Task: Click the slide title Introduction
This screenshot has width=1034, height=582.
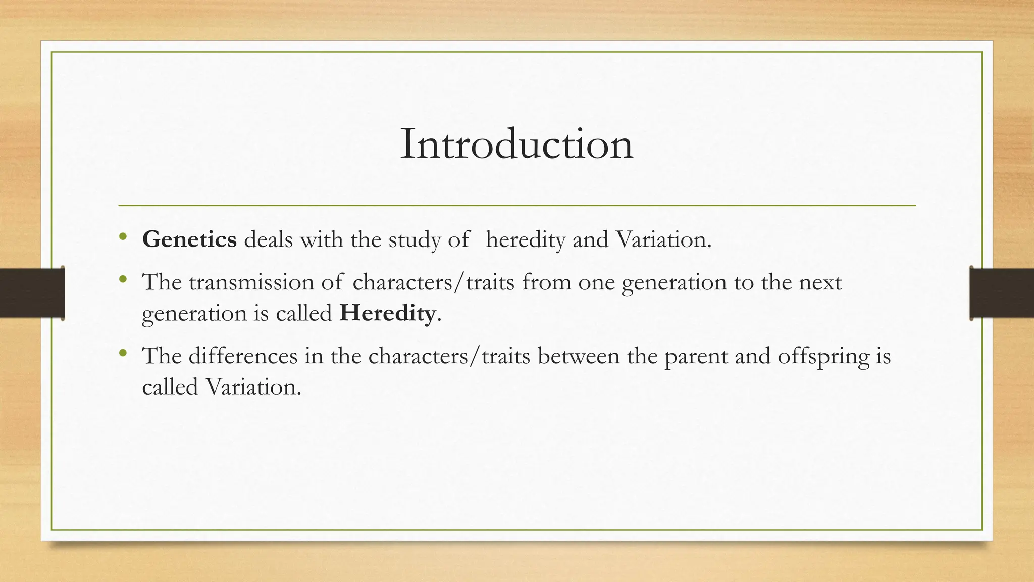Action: click(x=516, y=144)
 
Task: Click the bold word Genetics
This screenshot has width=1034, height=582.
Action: click(x=189, y=239)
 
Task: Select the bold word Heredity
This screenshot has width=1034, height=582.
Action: click(x=388, y=313)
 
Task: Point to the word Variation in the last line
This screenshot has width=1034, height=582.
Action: click(x=253, y=387)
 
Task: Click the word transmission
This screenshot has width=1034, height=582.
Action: click(x=251, y=282)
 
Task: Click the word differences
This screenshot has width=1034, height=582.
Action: click(x=243, y=356)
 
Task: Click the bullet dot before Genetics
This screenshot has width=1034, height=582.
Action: click(x=123, y=236)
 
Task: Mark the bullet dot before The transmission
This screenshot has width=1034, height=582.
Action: click(x=123, y=279)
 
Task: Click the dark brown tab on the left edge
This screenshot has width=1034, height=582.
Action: click(x=32, y=293)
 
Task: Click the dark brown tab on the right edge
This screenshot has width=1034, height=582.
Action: click(x=1002, y=293)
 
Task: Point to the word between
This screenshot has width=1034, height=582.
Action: click(x=578, y=356)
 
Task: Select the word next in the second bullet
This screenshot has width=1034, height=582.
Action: click(x=820, y=282)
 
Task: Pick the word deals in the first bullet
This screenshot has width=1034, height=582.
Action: click(x=268, y=239)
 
